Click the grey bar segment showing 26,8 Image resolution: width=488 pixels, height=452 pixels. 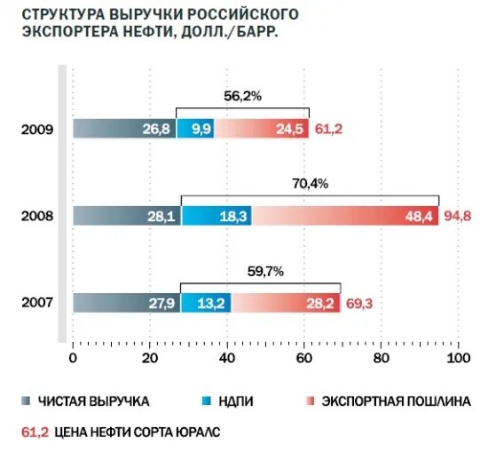123,130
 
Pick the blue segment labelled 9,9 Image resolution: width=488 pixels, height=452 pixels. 194,130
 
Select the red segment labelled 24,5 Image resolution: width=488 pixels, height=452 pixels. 261,130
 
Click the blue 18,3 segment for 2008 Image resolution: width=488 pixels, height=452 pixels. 216,216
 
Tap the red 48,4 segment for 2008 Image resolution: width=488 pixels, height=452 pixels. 345,216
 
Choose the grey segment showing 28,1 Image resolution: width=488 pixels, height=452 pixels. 126,216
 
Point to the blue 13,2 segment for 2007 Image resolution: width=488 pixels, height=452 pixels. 205,303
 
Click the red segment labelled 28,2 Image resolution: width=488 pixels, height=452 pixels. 286,303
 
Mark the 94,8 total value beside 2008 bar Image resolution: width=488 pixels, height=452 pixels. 457,216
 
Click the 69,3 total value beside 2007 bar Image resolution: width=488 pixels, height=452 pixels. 359,303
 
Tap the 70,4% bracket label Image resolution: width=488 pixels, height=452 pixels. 310,184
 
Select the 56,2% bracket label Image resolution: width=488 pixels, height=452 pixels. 242,97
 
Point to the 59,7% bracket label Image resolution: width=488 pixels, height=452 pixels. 260,271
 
